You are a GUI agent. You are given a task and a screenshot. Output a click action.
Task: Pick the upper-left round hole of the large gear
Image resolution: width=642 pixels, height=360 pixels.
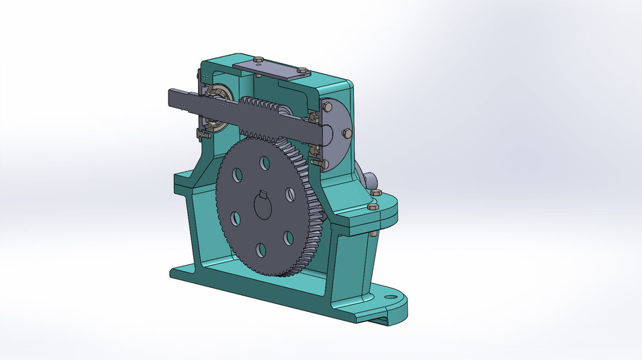[x=237, y=175]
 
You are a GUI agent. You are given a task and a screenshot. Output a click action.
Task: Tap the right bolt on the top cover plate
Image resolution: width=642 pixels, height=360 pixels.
[x=299, y=70]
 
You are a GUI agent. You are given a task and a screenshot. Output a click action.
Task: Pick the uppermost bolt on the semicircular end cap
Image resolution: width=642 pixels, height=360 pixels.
[x=328, y=104]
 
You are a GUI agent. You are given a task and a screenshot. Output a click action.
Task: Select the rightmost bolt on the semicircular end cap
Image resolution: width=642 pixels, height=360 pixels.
[x=346, y=133]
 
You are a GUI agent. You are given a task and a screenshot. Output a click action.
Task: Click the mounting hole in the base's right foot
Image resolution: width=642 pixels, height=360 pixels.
[x=388, y=295]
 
